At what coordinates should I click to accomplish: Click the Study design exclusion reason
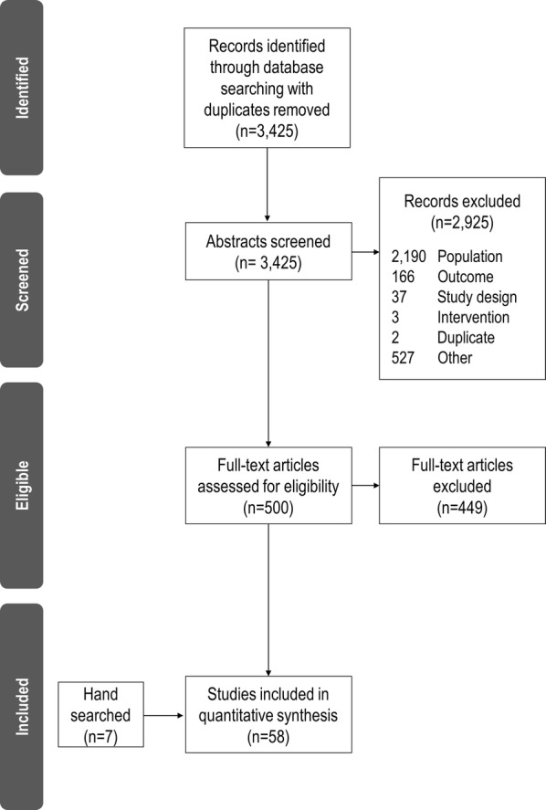click(478, 298)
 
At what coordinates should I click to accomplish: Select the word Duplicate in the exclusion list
click(467, 338)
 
